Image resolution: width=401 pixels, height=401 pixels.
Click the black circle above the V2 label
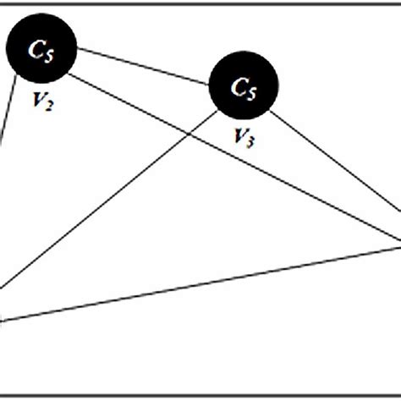[x=41, y=49]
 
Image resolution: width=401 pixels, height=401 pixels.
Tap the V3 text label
[x=244, y=138]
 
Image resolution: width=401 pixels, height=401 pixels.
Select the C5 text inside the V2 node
[x=41, y=51]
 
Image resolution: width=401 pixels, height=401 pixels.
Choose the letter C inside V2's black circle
[x=36, y=50]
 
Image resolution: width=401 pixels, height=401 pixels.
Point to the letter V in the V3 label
[x=239, y=136]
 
